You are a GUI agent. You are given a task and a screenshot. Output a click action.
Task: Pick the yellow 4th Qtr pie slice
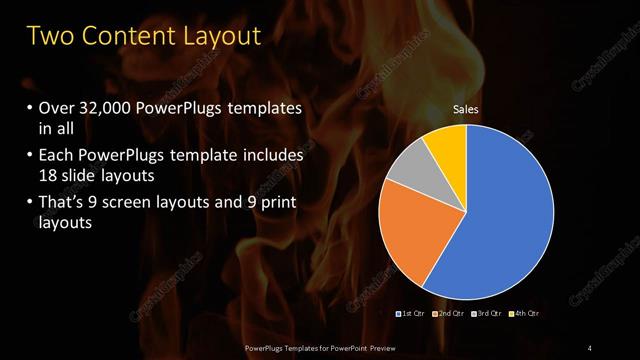point(445,142)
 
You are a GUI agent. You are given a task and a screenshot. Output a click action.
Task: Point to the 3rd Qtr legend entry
point(490,314)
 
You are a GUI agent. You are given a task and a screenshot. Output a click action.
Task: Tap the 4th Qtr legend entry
point(527,314)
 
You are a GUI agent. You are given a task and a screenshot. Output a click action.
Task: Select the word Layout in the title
point(217,37)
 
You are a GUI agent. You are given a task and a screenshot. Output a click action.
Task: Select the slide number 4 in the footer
point(589,347)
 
